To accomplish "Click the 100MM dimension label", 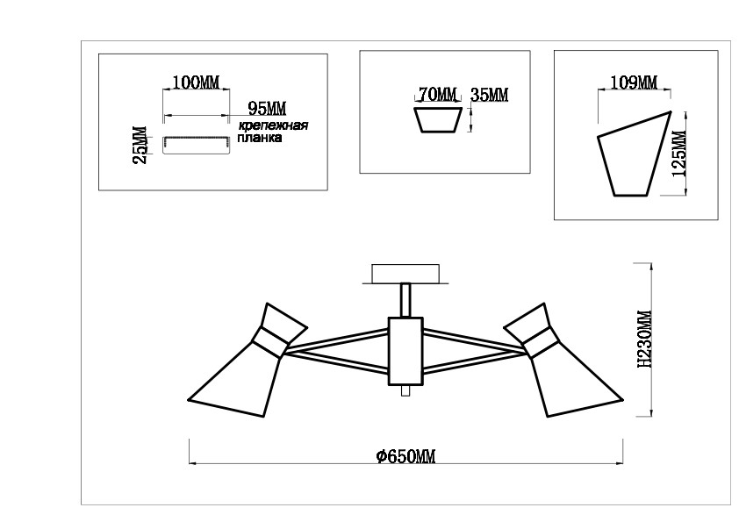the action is (196, 82).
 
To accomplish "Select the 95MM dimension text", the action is (267, 109).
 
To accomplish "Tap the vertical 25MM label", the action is (140, 145).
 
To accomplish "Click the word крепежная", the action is (273, 125).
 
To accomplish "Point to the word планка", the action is (260, 138).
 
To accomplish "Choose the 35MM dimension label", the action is (490, 95).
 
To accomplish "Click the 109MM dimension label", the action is (634, 82).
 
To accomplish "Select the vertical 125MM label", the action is (679, 154).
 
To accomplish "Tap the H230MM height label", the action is (644, 339).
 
